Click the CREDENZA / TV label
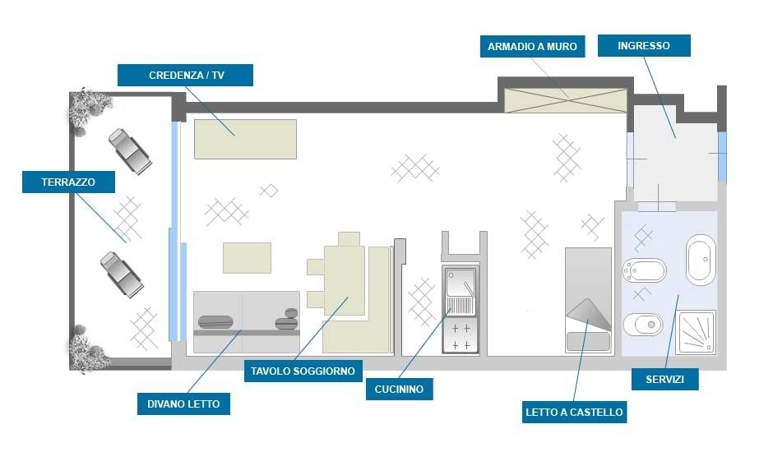[186, 75]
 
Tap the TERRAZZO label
[69, 182]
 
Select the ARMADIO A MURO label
[532, 46]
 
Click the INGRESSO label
[644, 46]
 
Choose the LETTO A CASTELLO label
[573, 411]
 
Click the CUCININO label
[399, 389]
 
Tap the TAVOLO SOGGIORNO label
[303, 371]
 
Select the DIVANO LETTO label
[183, 404]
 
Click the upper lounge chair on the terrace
[129, 150]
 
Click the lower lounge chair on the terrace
[122, 273]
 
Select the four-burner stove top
[461, 336]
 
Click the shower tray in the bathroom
[696, 332]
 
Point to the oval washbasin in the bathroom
[701, 260]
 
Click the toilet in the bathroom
[644, 326]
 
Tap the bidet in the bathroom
[645, 269]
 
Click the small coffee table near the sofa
[247, 257]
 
